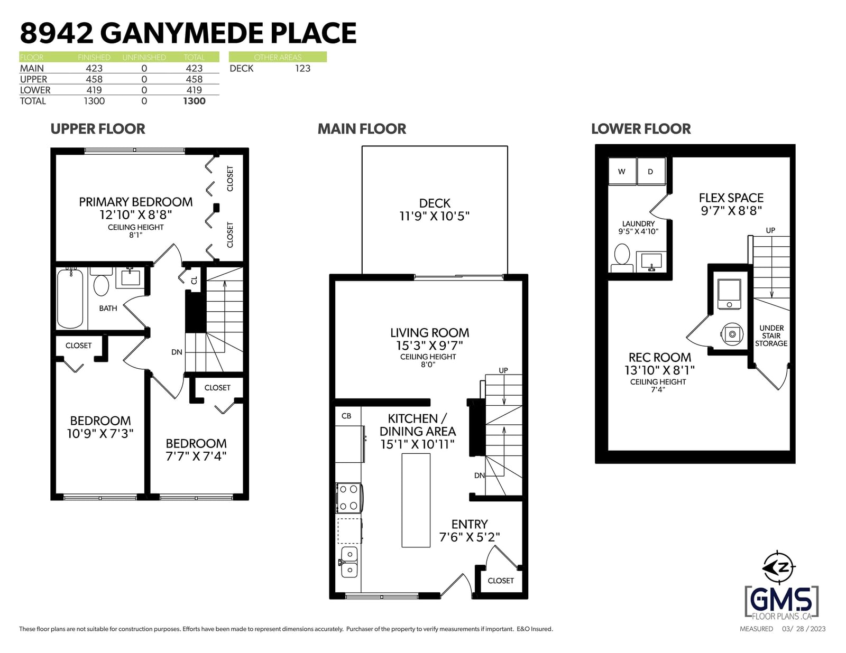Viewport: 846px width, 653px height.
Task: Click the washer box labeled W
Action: pos(622,171)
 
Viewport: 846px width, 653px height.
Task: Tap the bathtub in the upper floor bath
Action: pos(70,298)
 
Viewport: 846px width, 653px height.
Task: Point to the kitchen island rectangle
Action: pos(416,500)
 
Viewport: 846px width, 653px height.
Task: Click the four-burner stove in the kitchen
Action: pos(349,498)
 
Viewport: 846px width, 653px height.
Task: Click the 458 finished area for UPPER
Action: pos(94,79)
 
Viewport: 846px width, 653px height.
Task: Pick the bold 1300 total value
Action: pos(194,101)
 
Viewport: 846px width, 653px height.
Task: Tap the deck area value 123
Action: pos(302,69)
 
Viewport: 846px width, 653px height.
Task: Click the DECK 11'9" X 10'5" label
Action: pos(435,210)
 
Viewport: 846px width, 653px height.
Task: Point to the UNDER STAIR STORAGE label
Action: pos(771,335)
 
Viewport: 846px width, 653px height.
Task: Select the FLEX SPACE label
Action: pos(731,198)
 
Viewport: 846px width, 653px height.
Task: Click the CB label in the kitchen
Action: pos(346,416)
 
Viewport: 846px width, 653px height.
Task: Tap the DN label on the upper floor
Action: pos(177,352)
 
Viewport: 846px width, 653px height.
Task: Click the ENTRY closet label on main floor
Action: pos(501,581)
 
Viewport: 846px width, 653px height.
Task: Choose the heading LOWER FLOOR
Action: pos(641,129)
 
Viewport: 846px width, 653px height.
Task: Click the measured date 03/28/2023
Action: pos(804,629)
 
